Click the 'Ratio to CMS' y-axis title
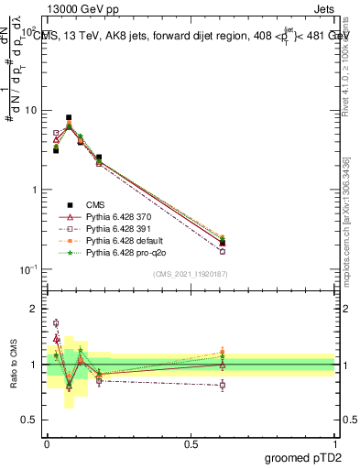click(13, 365)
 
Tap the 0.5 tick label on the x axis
click(191, 443)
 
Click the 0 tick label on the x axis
click(47, 443)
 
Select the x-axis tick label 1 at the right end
click(334, 443)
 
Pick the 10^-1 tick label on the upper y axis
click(27, 269)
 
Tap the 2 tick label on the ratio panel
click(34, 309)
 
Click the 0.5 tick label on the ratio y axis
click(30, 420)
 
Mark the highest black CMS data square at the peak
click(69, 117)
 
